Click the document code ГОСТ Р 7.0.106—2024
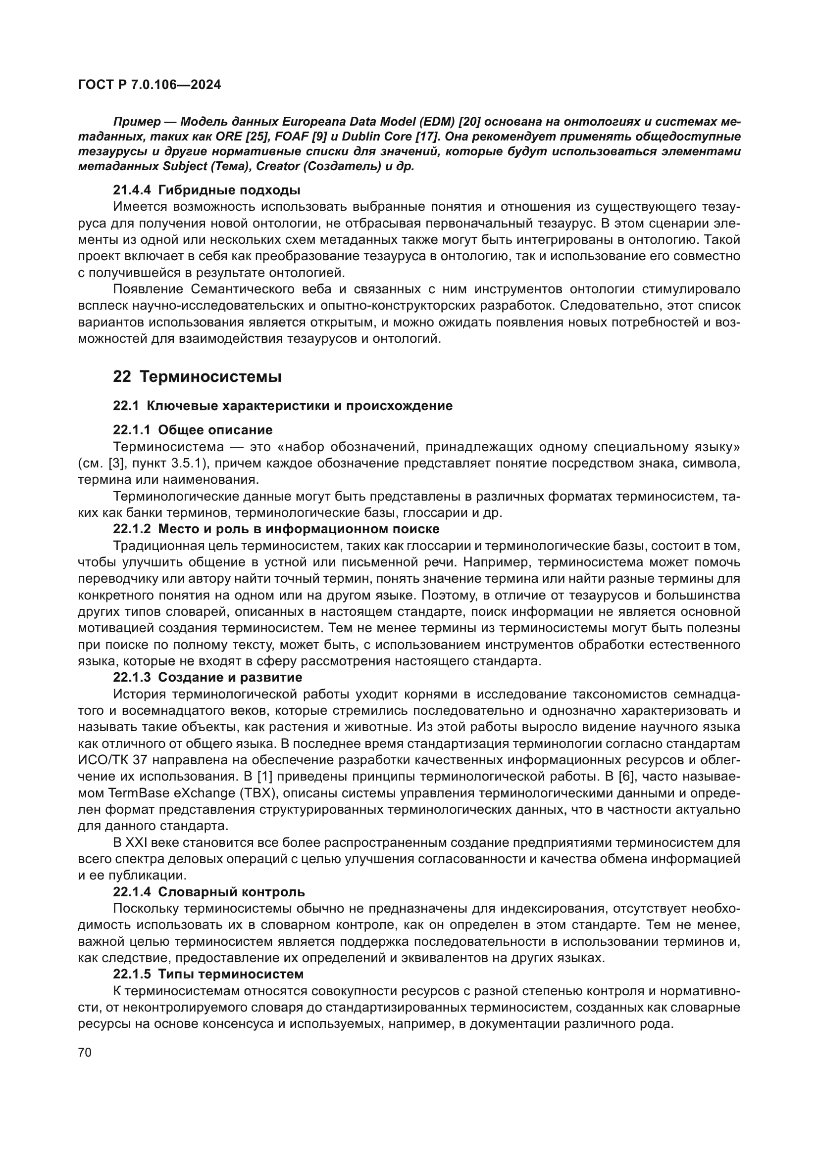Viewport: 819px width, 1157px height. point(149,85)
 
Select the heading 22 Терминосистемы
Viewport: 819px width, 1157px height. point(197,376)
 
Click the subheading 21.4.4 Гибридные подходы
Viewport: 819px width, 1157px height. point(206,190)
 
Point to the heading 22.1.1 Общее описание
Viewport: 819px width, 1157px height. point(193,430)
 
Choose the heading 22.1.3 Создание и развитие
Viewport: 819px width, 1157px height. point(207,677)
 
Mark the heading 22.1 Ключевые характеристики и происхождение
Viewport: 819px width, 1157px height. point(282,406)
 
